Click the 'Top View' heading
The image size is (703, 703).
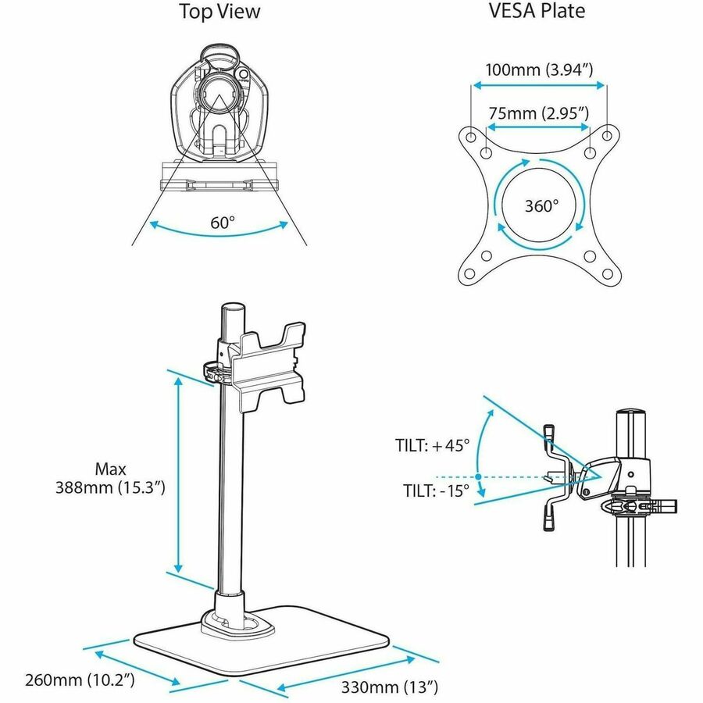(219, 12)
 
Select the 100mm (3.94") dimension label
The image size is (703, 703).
(539, 70)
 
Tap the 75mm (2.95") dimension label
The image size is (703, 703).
(538, 113)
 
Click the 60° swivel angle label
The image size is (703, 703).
(222, 223)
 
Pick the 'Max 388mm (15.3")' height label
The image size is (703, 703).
(109, 478)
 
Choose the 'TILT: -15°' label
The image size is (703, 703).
(432, 491)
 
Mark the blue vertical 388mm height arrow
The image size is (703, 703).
(179, 476)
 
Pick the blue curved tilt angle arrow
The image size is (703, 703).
(487, 453)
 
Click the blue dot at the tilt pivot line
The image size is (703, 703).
(476, 476)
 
